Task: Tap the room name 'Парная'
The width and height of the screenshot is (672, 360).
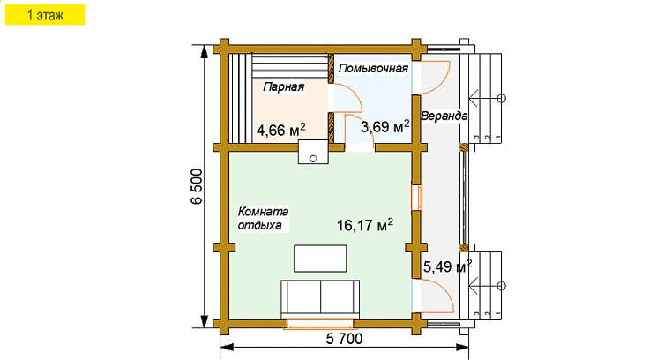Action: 283,87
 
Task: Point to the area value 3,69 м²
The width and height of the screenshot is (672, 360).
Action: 385,127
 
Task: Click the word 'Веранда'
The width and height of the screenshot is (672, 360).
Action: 444,116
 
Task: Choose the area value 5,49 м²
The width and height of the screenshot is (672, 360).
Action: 447,266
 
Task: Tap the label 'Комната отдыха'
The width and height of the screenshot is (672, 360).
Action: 262,219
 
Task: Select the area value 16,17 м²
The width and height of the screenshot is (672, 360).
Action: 364,225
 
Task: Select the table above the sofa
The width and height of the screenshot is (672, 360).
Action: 321,258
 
